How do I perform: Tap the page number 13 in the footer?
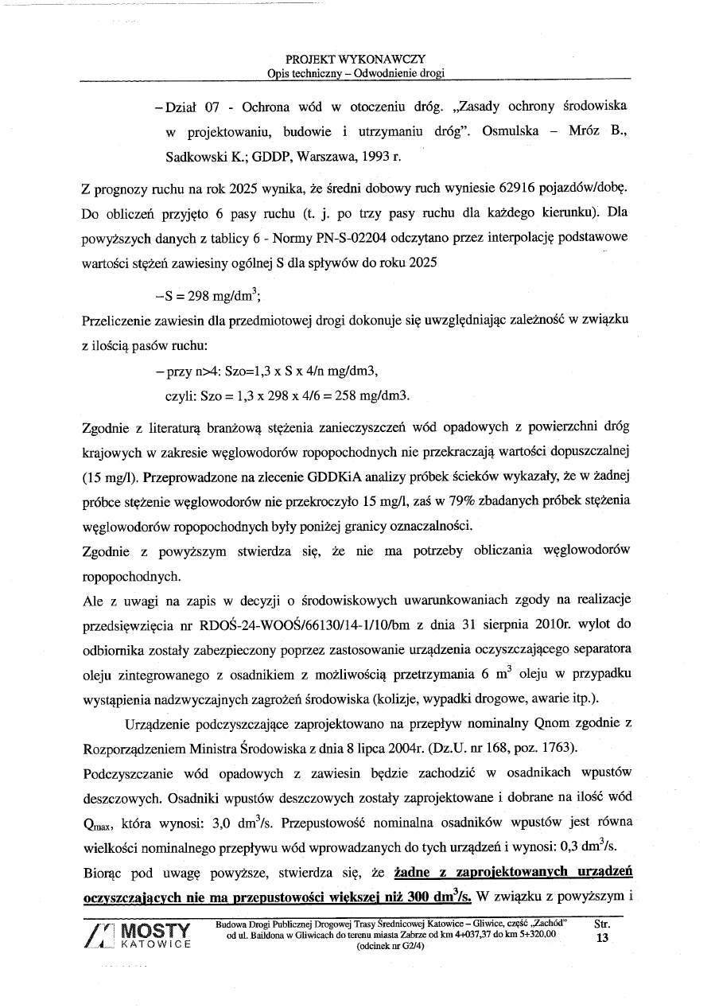click(x=601, y=938)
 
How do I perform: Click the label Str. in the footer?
click(x=602, y=924)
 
